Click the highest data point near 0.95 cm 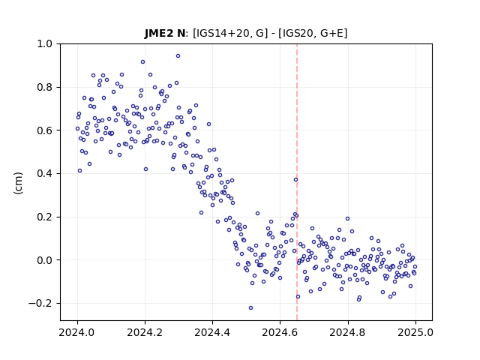[x=178, y=56]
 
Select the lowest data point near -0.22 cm [x=250, y=307]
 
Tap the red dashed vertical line [x=297, y=182]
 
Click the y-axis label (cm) [x=18, y=183]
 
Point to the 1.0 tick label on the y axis [x=45, y=43]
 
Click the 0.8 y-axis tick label [x=45, y=87]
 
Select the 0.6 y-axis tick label [x=45, y=130]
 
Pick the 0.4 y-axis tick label [x=45, y=173]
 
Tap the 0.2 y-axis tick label [x=45, y=217]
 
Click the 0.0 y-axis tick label [x=45, y=260]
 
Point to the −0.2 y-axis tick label [x=40, y=303]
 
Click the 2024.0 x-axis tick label [x=77, y=332]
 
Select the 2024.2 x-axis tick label [x=145, y=332]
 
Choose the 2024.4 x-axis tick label [x=212, y=332]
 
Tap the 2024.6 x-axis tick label [x=280, y=332]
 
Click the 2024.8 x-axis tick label [x=348, y=332]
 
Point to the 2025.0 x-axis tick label [x=415, y=332]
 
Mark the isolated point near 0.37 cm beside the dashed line [x=295, y=180]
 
